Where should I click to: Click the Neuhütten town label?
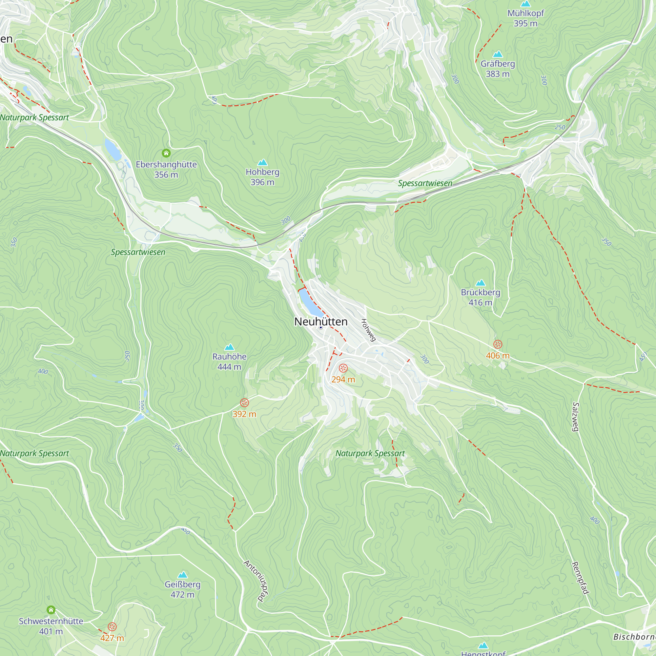point(320,321)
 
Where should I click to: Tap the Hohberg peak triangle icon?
point(262,162)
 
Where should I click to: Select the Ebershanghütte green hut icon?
point(166,153)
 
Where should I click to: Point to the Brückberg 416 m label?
point(480,297)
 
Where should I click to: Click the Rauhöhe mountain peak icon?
point(230,347)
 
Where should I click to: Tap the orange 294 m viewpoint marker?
point(343,368)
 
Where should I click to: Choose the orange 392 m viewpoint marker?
point(244,403)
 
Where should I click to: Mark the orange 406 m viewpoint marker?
point(498,344)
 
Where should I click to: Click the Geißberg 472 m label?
point(182,589)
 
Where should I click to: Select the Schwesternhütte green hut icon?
point(51,610)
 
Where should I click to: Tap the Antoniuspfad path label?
point(256,581)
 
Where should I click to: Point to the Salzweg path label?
point(575,417)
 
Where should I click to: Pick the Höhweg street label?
point(368,330)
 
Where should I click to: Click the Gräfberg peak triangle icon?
point(498,54)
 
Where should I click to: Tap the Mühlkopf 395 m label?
point(525,18)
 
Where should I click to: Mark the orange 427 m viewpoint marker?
point(112,627)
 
